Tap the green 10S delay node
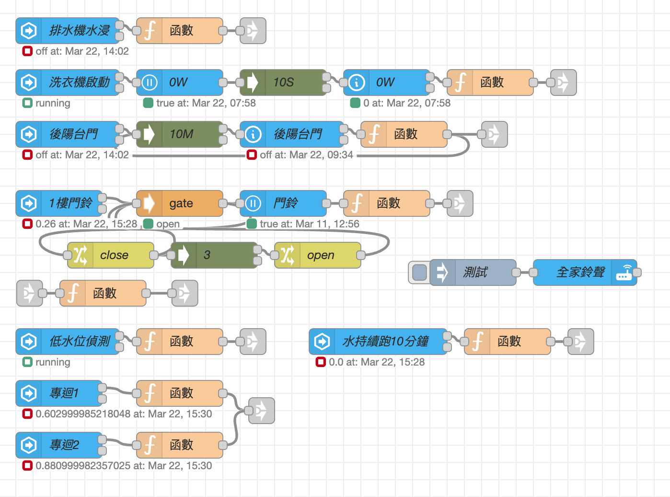click(x=283, y=83)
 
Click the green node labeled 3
click(x=214, y=255)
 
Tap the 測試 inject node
click(x=473, y=272)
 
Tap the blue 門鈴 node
click(x=283, y=203)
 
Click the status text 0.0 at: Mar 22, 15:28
click(x=376, y=362)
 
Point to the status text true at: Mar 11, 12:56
click(x=309, y=224)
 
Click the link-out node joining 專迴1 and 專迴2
click(x=261, y=411)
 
